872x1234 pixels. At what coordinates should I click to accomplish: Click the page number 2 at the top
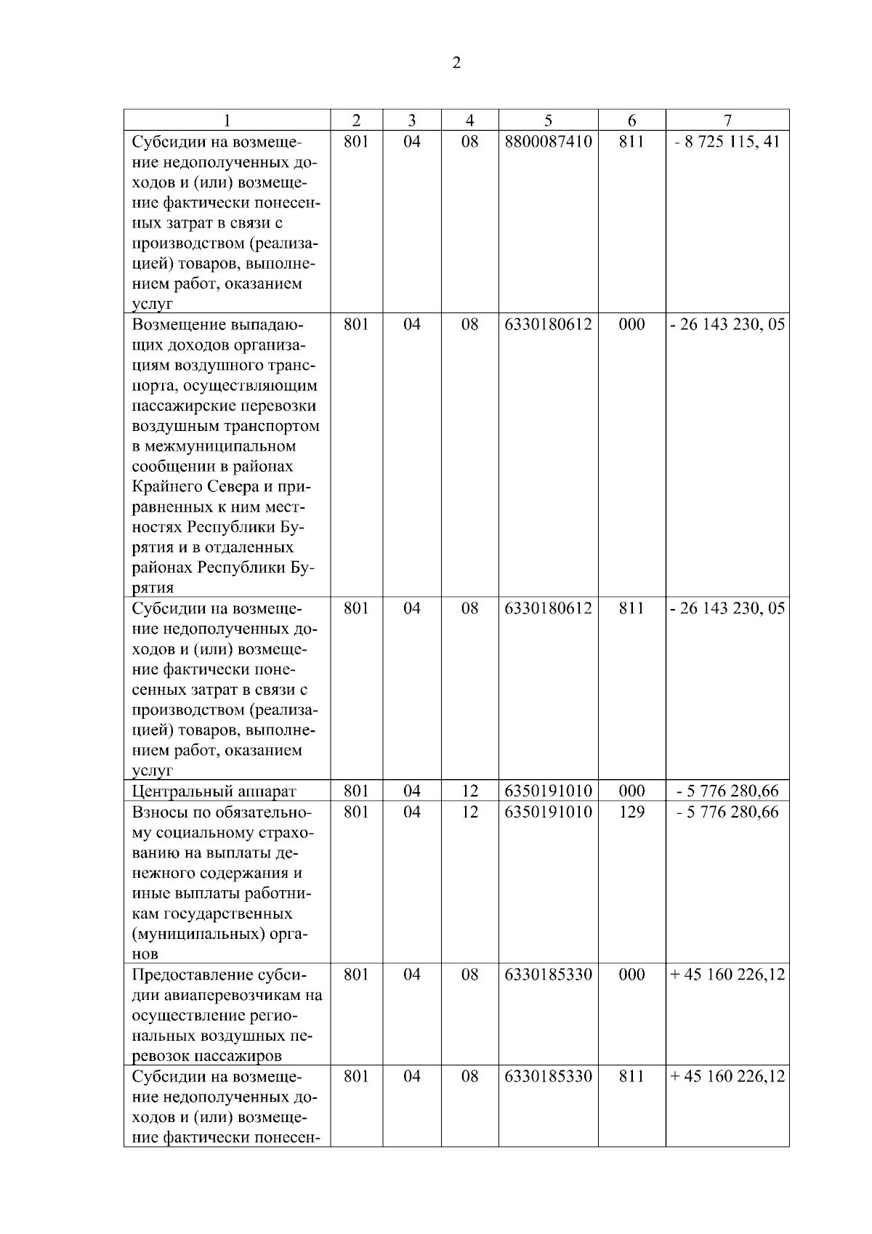pos(456,63)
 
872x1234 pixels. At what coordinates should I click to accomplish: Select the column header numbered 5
pos(548,121)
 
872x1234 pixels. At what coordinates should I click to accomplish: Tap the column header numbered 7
pos(727,121)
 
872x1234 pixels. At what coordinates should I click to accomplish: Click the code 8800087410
pos(548,141)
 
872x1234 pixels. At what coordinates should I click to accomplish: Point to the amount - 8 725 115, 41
pos(727,141)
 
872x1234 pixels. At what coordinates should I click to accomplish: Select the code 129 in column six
pos(631,812)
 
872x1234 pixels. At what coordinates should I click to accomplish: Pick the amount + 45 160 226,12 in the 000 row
pos(727,975)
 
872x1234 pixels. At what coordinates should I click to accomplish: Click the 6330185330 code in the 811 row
pos(548,1076)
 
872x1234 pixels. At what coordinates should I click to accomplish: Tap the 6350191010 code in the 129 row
pos(548,812)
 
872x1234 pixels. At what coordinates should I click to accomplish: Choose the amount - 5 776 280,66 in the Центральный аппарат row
pos(727,791)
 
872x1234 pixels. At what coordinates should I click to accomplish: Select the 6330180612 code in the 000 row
pos(548,324)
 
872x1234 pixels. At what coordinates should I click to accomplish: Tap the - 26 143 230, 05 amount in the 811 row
pos(727,608)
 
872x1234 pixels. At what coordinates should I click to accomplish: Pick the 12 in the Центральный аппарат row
pos(469,791)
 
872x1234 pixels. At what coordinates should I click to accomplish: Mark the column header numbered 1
pos(227,121)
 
